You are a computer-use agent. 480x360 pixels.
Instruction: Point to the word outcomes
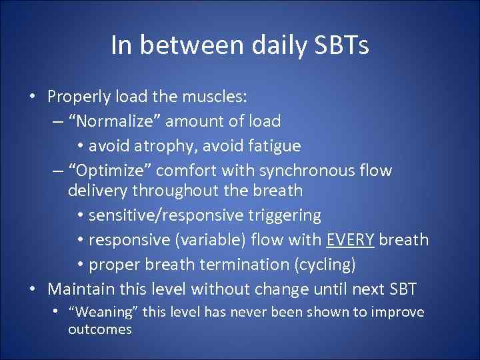99,329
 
